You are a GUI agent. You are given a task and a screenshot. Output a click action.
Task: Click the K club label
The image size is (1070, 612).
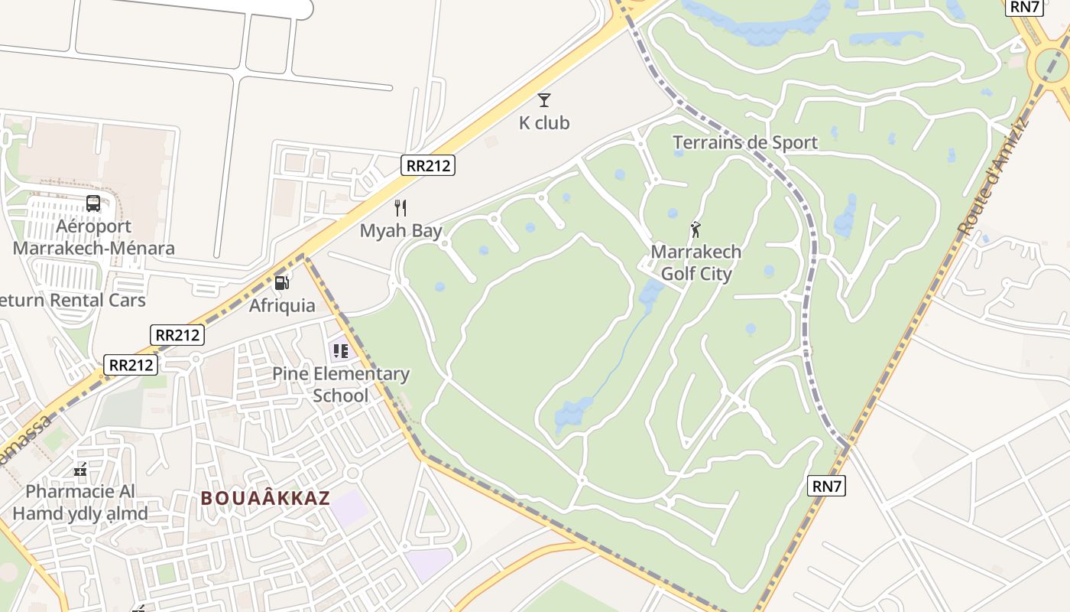pos(544,123)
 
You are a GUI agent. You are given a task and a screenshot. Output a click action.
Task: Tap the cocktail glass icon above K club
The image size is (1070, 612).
pos(544,99)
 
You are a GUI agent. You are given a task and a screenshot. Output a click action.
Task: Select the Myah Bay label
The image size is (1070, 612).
pos(401,230)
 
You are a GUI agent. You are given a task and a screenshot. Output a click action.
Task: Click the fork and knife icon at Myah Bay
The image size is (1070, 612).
pos(400,208)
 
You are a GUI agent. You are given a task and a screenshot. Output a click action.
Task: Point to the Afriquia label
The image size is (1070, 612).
pos(282,305)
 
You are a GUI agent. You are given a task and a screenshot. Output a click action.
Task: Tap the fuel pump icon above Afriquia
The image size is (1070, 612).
pos(282,283)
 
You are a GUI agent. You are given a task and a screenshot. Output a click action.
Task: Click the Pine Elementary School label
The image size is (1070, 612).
pos(341,385)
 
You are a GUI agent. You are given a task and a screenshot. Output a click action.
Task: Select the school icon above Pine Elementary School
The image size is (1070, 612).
pos(340,351)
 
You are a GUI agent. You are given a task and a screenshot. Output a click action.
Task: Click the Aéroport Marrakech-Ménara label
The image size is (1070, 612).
pos(93,237)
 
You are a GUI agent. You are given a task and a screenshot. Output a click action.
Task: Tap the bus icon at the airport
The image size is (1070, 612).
pos(93,203)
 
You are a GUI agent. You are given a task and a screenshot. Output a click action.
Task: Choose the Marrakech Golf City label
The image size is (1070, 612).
pos(696,262)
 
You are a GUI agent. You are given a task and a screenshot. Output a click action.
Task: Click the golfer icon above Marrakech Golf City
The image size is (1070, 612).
pos(695,229)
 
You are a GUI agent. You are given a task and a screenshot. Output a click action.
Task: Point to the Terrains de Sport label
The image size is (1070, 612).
pos(745,142)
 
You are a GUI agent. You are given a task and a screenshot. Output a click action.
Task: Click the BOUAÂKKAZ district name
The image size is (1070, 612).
pos(265,498)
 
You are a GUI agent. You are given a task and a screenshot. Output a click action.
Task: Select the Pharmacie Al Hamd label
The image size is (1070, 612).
pos(80,502)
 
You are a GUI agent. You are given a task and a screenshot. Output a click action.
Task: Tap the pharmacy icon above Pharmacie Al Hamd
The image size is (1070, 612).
pos(80,470)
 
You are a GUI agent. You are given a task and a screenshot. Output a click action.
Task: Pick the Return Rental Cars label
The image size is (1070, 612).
pos(73,300)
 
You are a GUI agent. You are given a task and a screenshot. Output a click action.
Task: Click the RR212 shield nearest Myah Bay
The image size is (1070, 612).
pos(428,165)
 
